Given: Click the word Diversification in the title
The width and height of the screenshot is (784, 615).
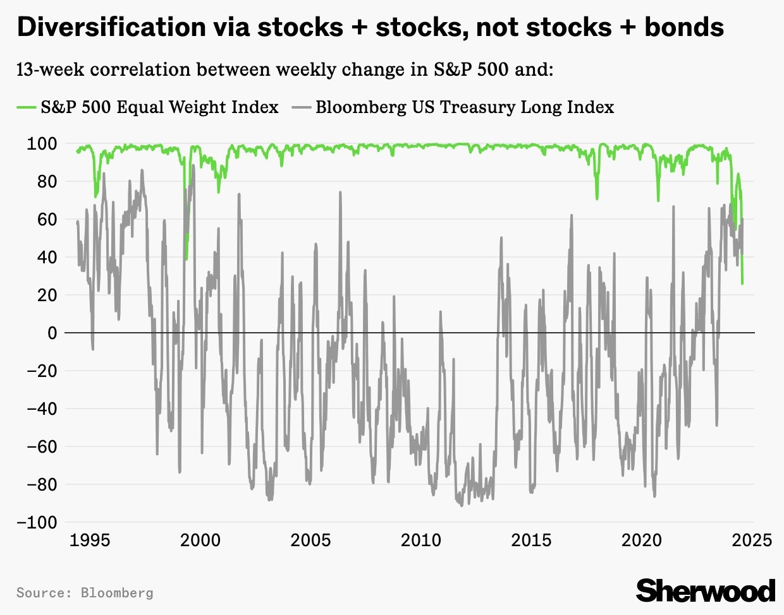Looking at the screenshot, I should [111, 27].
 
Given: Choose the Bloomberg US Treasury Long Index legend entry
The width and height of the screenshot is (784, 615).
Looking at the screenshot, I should [465, 107].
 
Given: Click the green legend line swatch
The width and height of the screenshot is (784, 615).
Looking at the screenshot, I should [26, 107].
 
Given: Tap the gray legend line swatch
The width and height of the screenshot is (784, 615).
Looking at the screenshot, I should [302, 107].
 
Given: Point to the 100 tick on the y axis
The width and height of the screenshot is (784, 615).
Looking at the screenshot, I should [42, 143].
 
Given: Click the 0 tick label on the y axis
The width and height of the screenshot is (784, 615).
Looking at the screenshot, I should [52, 333].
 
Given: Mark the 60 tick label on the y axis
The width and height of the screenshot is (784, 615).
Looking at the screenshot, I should [47, 219].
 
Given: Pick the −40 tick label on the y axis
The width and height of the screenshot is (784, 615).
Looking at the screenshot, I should [41, 409].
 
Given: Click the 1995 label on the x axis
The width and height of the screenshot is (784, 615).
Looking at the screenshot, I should [90, 540].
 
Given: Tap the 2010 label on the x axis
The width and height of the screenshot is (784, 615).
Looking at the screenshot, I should [421, 540].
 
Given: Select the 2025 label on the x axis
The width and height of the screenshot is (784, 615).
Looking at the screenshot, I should [752, 540].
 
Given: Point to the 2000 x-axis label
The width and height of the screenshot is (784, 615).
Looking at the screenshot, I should [200, 540].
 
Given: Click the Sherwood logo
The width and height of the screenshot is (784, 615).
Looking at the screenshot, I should [706, 591].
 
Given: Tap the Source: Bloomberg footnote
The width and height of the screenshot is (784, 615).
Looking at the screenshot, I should [85, 593].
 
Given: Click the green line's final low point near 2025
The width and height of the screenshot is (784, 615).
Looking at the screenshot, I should [742, 284].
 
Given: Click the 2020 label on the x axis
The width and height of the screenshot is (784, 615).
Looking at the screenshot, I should [642, 540].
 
